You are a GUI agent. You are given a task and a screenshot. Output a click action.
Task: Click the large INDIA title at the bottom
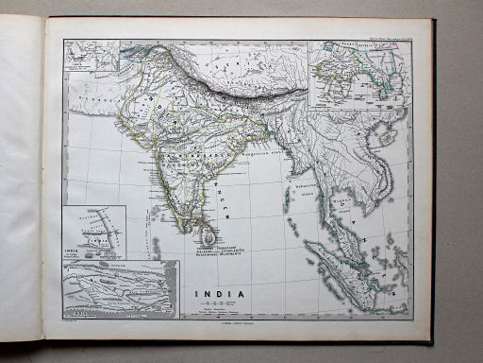(x=219, y=294)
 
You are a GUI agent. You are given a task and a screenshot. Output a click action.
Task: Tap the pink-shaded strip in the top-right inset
(x=387, y=45)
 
